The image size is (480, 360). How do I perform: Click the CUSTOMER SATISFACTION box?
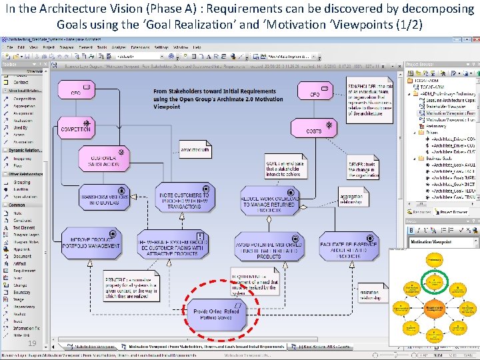point(105,159)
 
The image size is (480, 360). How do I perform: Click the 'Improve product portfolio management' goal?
point(91,242)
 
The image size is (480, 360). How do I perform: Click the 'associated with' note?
point(195,150)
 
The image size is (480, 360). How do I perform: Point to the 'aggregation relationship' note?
point(351,199)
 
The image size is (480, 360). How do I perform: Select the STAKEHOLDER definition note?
point(369,97)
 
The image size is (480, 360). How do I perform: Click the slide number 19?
point(32,343)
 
